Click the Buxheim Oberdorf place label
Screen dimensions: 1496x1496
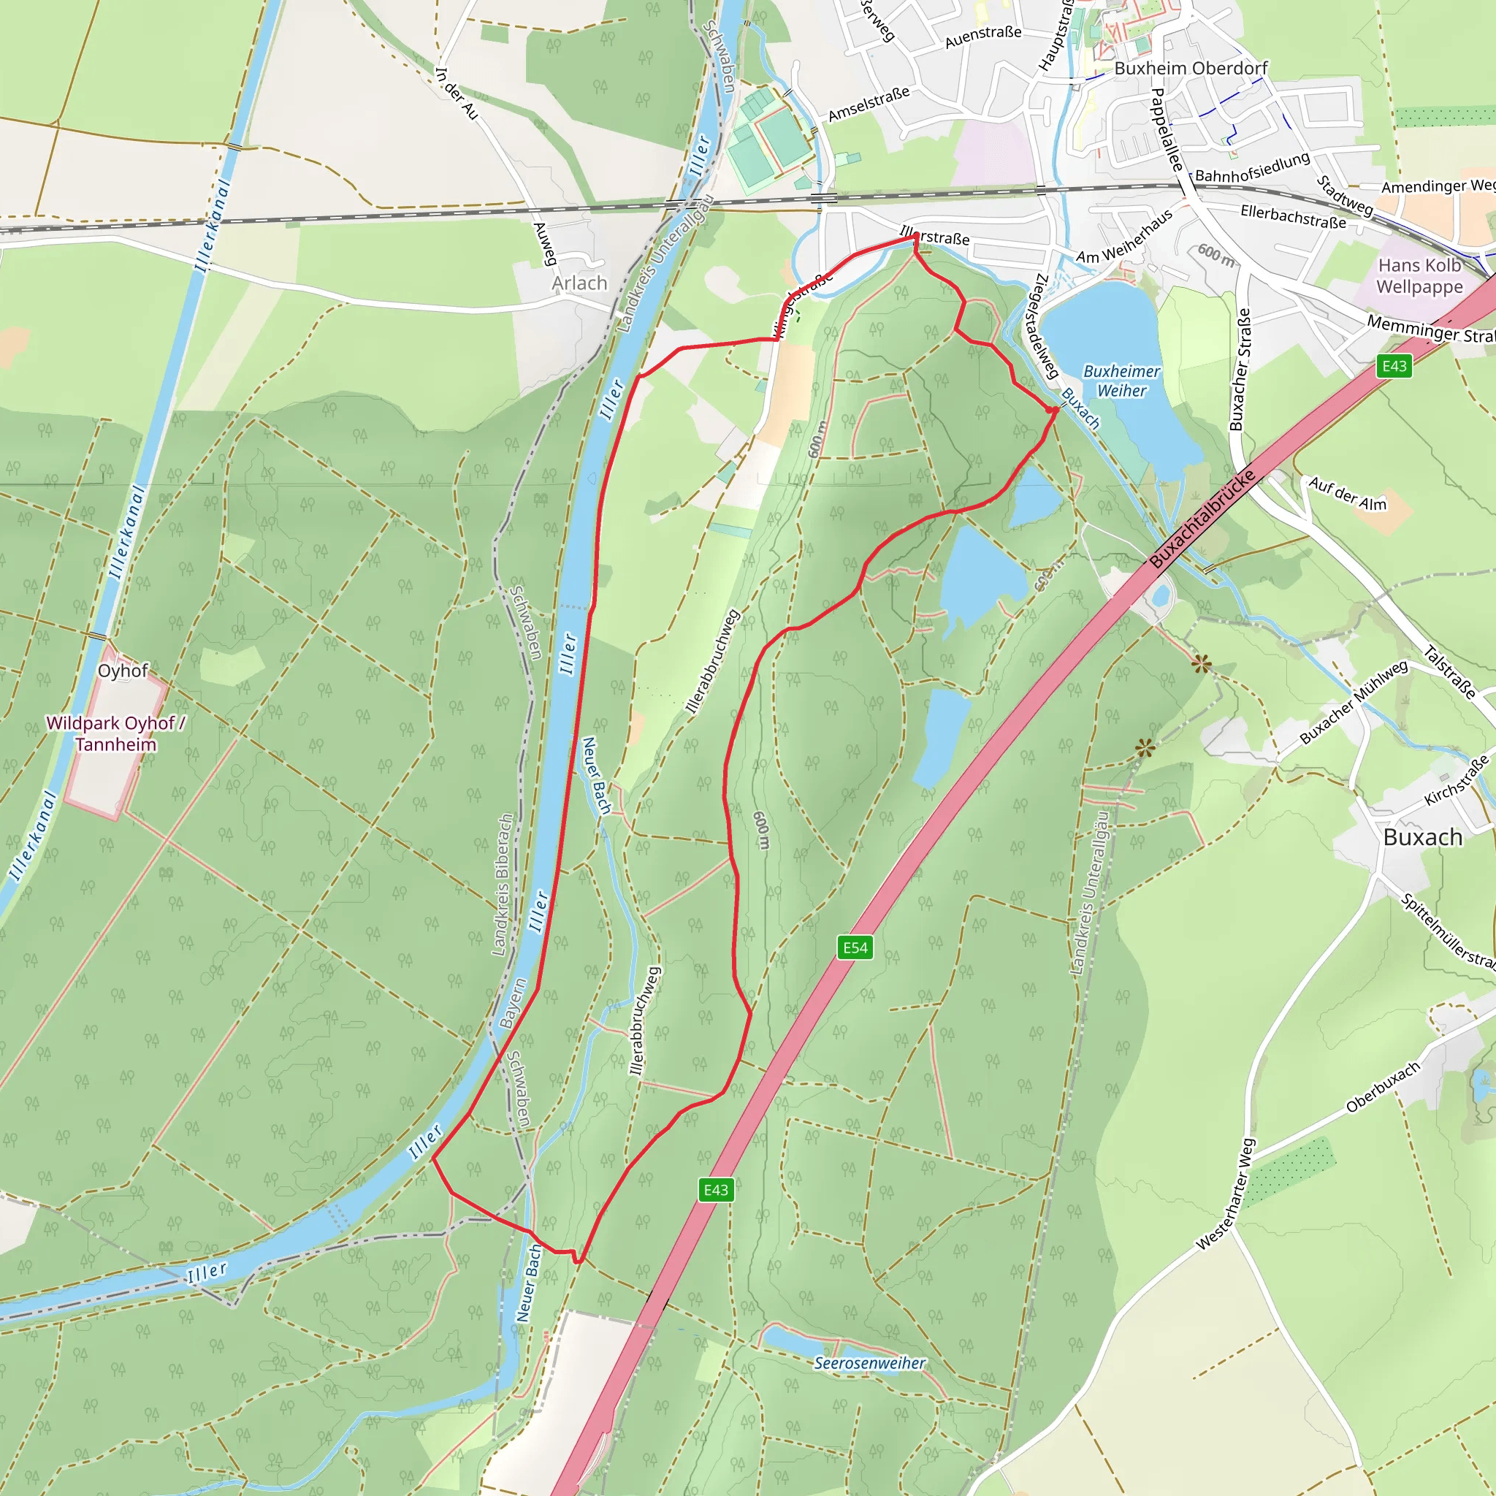pos(1190,68)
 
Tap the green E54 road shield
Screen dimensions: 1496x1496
pos(855,947)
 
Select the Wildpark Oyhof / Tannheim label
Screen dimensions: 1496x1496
pos(115,733)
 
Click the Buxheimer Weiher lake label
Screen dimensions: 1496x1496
pos(1121,381)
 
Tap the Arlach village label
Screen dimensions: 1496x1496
pos(579,283)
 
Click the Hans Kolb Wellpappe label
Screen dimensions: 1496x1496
pos(1419,275)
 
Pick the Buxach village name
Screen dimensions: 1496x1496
pos(1422,837)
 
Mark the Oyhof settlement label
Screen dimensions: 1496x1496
pos(122,671)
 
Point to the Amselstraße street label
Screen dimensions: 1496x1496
pos(868,104)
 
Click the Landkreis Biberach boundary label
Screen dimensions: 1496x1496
pos(503,884)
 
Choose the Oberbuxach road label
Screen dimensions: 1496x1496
pos(1383,1087)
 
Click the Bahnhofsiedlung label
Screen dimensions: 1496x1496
pos(1252,168)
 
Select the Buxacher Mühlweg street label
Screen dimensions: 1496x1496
pos(1354,701)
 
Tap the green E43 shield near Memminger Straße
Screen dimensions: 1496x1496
pos(1394,365)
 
